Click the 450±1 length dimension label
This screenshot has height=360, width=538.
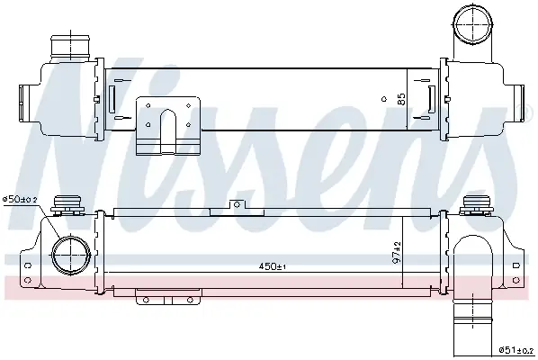[272, 266]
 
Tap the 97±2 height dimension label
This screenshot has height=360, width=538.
[397, 252]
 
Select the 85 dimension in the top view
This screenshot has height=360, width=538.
[400, 99]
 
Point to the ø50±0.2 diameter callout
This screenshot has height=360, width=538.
[21, 200]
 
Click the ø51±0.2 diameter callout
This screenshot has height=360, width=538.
[516, 350]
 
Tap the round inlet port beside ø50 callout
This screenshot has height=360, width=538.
[71, 255]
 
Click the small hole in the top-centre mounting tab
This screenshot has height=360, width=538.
[237, 205]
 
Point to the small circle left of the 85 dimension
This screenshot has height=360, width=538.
[384, 99]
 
